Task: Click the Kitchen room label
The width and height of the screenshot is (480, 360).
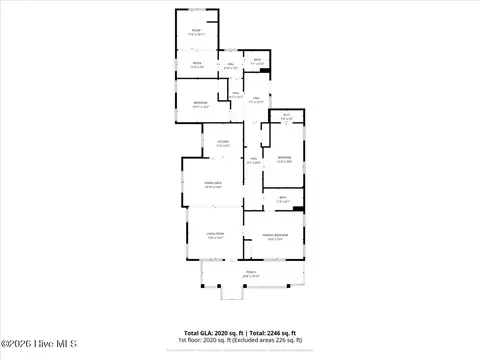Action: click(223, 142)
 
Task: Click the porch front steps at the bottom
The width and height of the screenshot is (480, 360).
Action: click(232, 296)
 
